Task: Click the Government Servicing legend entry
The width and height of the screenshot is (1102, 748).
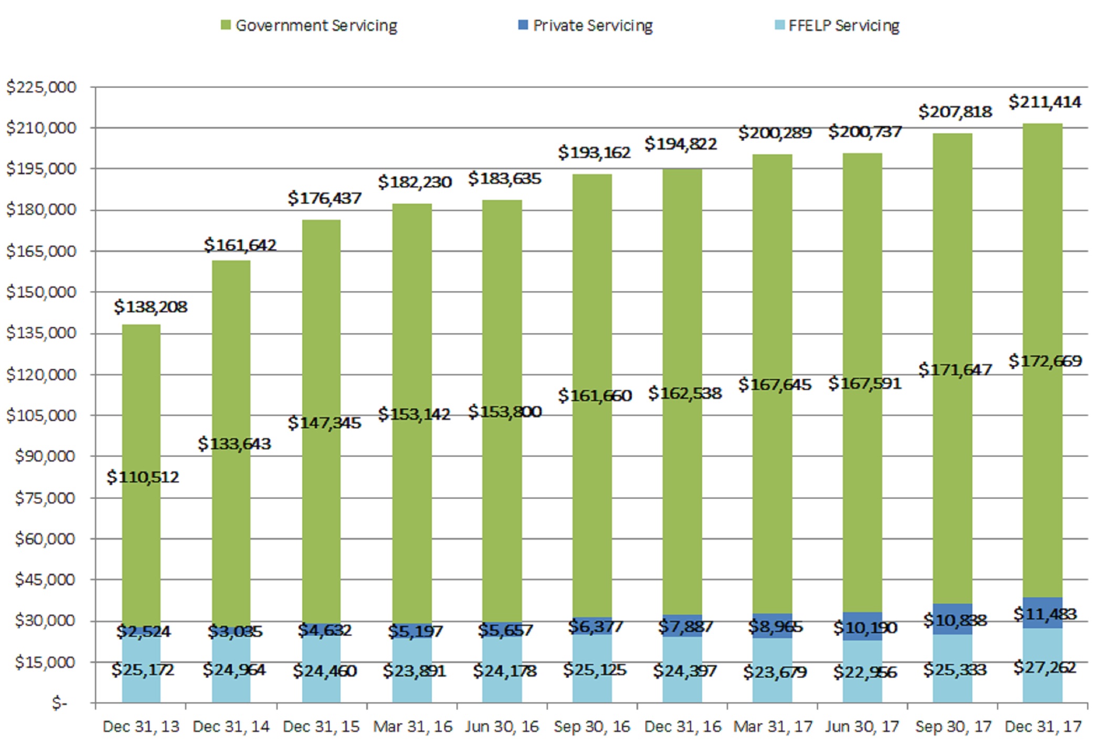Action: tap(310, 25)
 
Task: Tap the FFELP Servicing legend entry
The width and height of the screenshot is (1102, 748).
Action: tap(838, 25)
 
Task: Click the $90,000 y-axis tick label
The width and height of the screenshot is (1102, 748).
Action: tap(45, 456)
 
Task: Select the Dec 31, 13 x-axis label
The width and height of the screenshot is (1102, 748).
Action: tap(141, 726)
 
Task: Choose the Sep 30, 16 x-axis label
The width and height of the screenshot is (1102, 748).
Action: tap(592, 726)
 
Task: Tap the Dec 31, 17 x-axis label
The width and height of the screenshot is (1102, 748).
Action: tap(1043, 726)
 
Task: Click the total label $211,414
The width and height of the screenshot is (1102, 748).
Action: tap(1044, 102)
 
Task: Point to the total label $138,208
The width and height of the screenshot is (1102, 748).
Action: tap(151, 307)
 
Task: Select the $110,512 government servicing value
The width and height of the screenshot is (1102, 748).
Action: tap(143, 477)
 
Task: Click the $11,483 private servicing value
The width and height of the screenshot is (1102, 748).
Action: tap(1044, 614)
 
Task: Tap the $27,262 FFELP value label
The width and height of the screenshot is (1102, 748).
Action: tap(1044, 668)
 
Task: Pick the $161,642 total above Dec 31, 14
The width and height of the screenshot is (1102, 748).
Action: tap(240, 245)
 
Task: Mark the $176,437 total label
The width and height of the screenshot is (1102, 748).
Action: tap(324, 198)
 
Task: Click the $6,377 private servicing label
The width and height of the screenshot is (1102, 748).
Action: tap(595, 626)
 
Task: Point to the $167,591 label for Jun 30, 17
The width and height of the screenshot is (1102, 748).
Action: tap(864, 383)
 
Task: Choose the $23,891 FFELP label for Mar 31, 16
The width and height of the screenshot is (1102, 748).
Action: tap(414, 671)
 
